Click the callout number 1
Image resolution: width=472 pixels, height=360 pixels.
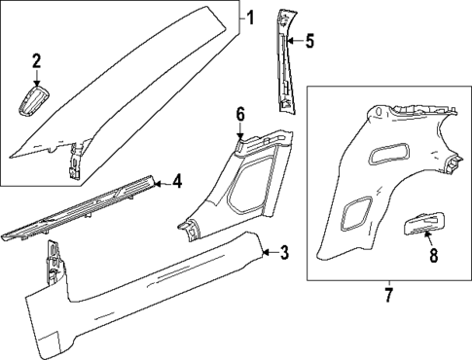(x=249, y=17)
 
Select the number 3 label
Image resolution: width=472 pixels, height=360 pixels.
(x=283, y=254)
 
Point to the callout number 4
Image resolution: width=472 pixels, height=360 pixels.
(x=176, y=180)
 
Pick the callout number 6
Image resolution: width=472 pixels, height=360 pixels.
(x=240, y=114)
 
